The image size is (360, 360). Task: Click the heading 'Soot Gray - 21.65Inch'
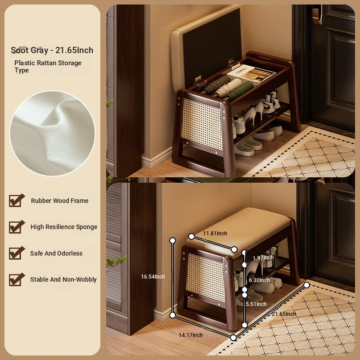(x=52, y=50)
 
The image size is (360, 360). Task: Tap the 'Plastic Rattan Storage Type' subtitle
(x=48, y=66)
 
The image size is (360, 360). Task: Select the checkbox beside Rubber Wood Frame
(x=17, y=200)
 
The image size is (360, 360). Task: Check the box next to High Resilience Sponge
(x=17, y=227)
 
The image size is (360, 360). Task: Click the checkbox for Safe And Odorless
(x=17, y=253)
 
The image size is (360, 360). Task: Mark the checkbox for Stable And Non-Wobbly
(x=17, y=279)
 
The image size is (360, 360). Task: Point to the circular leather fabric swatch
(x=52, y=133)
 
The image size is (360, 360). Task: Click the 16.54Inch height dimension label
(x=153, y=277)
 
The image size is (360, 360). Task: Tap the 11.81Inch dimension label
(x=215, y=233)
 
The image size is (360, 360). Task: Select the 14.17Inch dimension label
(x=191, y=335)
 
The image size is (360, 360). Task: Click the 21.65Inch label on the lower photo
(x=284, y=314)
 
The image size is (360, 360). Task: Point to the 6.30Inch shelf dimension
(x=259, y=280)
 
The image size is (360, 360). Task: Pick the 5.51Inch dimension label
(x=256, y=304)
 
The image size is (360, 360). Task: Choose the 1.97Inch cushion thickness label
(x=263, y=257)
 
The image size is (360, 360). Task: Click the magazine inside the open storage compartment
(x=251, y=73)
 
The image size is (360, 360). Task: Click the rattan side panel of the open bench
(x=202, y=124)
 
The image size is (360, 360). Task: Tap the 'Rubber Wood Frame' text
(x=60, y=201)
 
